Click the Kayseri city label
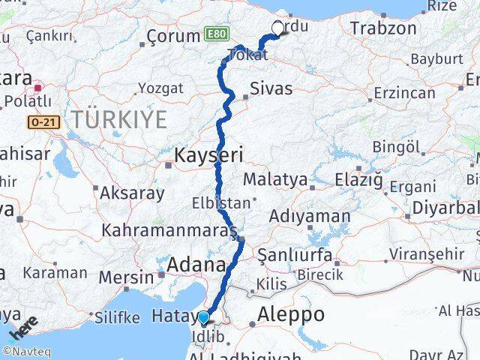point(209,156)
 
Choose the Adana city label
point(197,265)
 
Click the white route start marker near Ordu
point(277,28)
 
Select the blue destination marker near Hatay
point(203,318)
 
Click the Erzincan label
point(406,93)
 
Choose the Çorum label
point(172,36)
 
